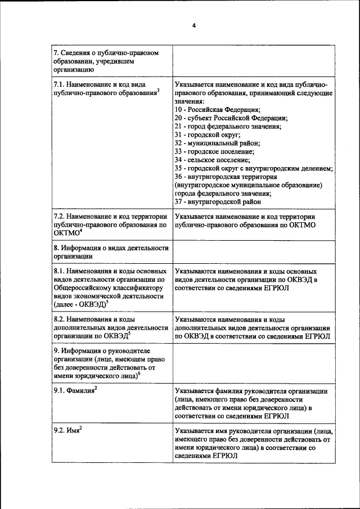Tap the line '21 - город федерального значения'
pyautogui.click(x=228, y=127)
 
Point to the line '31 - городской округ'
pyautogui.click(x=207, y=135)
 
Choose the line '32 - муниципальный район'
pyautogui.click(x=215, y=143)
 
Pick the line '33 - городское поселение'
pyautogui.click(x=214, y=152)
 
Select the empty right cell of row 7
pyautogui.click(x=253, y=61)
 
